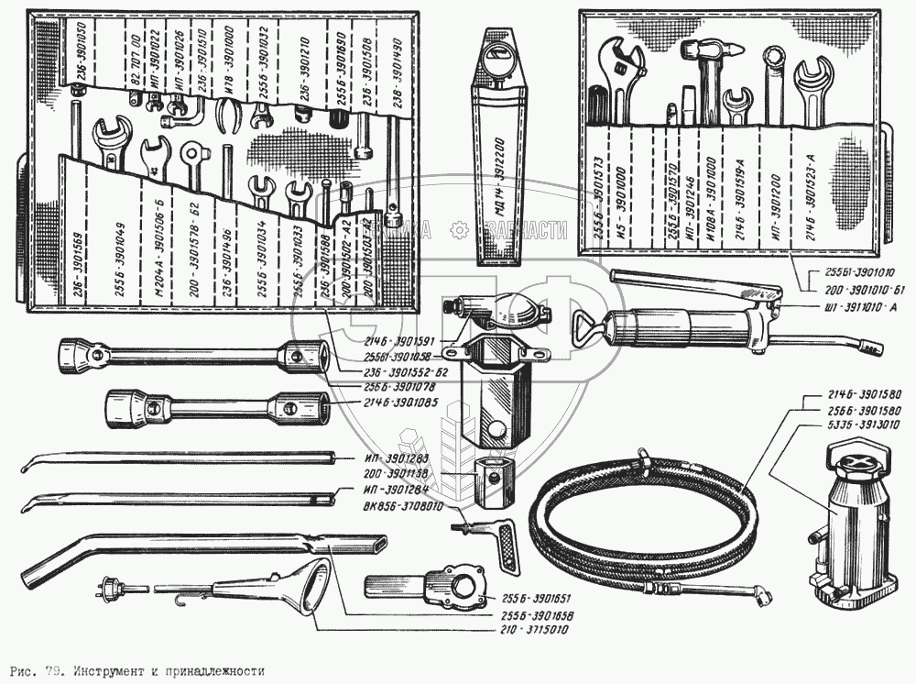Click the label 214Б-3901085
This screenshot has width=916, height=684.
[x=402, y=402]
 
